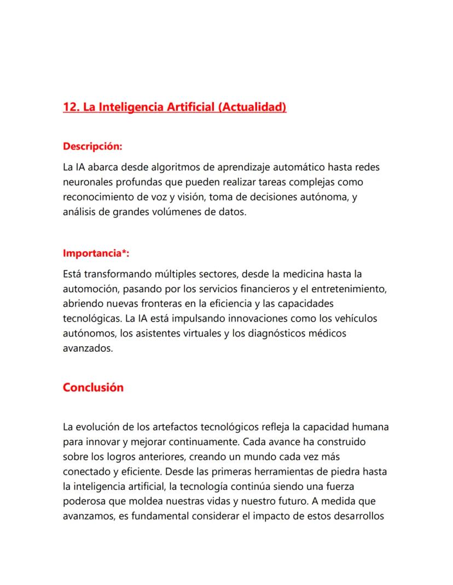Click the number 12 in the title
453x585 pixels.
click(70, 107)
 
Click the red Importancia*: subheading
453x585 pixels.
click(96, 253)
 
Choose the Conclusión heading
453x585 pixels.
click(93, 387)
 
